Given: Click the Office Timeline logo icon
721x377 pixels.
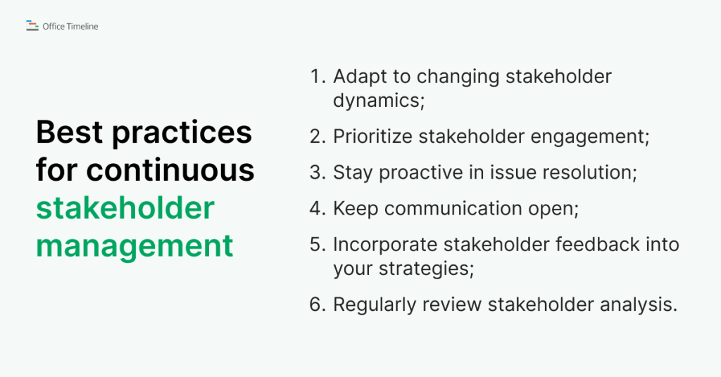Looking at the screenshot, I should (x=32, y=26).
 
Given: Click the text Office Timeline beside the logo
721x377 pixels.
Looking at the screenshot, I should (x=70, y=27).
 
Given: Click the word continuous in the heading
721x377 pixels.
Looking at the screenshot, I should (x=172, y=170).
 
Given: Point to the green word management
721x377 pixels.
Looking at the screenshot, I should (x=134, y=245).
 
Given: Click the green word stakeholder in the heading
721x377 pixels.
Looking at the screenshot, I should (x=125, y=207).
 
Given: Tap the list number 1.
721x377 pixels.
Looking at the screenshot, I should (x=316, y=77).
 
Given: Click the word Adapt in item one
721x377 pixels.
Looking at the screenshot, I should (x=359, y=77).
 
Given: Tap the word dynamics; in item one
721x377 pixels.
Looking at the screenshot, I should (x=380, y=101).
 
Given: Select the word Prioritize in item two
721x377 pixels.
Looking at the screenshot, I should (x=372, y=136).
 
